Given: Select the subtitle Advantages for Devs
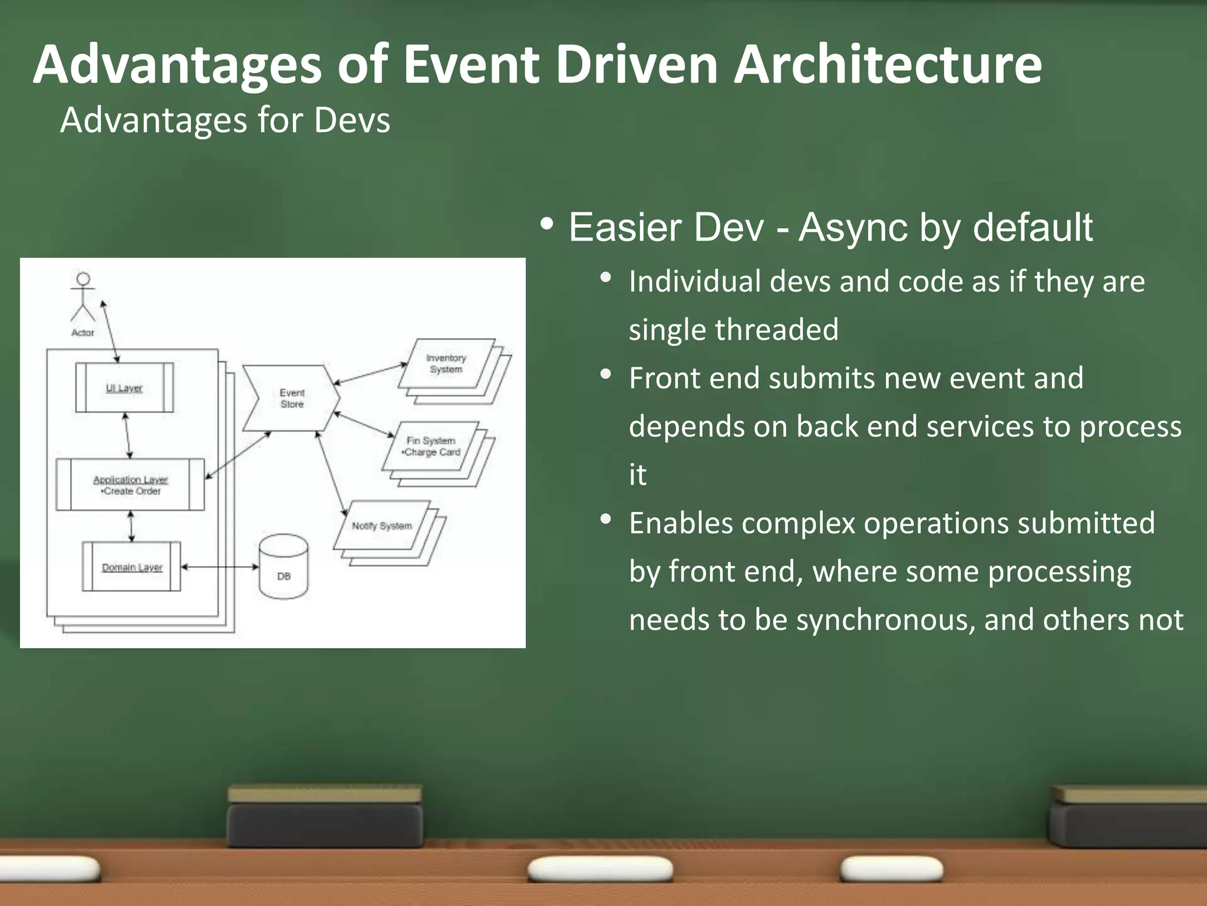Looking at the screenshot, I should point(225,120).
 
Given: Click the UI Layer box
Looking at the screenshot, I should point(124,388).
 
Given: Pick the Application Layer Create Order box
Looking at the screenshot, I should point(130,484).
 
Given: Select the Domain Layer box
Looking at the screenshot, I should point(131,567).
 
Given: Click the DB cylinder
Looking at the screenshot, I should point(283,567).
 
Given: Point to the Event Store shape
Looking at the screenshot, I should point(292,398).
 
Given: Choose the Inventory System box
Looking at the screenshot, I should point(446,363).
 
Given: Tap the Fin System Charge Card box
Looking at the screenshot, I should point(431,446).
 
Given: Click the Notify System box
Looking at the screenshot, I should point(382,525).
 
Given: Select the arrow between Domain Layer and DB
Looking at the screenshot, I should point(220,567).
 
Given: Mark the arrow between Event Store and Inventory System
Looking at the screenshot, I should point(370,374).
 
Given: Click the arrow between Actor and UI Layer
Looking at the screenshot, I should point(110,331).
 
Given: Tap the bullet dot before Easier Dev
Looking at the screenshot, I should point(546,224).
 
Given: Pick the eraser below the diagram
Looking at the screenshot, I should point(325,817).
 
